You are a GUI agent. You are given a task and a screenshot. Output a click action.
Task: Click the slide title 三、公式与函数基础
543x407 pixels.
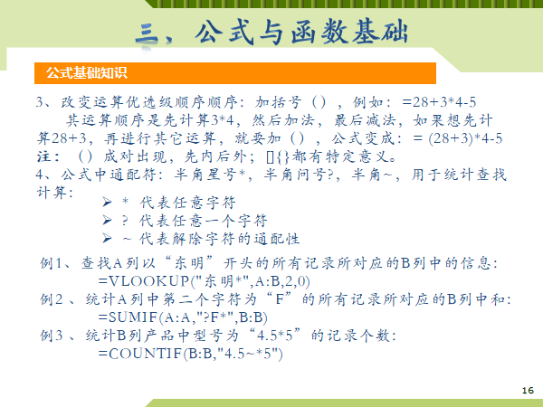(271, 33)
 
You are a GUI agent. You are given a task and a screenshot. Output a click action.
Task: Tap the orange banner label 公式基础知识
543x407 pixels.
(87, 73)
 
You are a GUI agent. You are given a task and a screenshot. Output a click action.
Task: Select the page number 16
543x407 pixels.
(528, 391)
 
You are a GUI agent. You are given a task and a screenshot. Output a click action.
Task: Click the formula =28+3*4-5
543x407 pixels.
(440, 102)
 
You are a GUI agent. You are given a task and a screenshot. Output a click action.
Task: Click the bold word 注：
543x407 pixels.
(49, 156)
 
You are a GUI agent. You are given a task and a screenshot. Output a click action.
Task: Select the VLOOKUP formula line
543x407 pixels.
(204, 281)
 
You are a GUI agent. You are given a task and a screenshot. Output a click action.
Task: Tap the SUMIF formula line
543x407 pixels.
(183, 317)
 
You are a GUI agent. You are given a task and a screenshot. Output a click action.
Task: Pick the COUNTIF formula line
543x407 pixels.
(190, 354)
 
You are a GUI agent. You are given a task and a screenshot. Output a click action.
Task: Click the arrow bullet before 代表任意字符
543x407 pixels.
(107, 202)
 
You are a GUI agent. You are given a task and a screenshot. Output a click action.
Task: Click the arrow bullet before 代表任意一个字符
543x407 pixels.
(107, 220)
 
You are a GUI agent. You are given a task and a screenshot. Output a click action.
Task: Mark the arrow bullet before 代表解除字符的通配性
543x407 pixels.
(107, 238)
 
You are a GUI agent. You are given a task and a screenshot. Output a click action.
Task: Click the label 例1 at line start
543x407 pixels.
(52, 263)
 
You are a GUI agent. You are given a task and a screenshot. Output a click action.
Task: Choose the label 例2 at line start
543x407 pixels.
(52, 299)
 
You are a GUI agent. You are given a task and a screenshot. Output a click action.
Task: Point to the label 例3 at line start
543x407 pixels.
(52, 335)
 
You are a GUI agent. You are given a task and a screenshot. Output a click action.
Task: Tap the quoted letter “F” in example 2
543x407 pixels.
(280, 298)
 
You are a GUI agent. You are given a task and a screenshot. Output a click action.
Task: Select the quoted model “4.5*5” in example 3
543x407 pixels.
(275, 335)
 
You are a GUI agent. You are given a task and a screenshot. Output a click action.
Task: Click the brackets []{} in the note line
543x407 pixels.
(278, 156)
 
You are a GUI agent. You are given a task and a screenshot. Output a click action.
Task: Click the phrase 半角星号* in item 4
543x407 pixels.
(210, 175)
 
